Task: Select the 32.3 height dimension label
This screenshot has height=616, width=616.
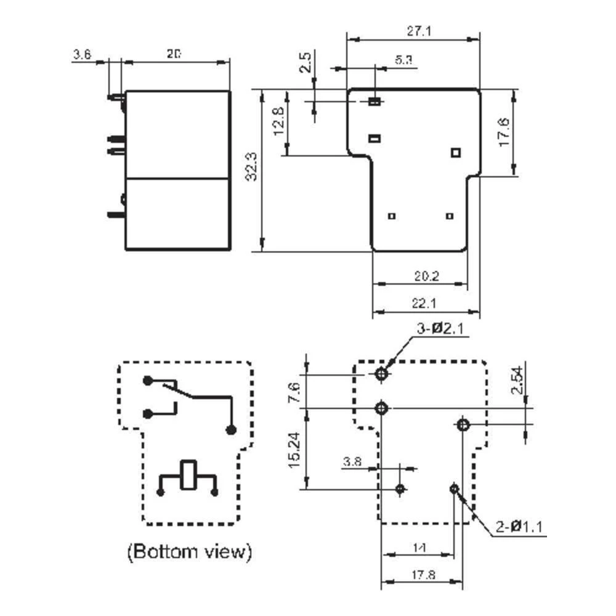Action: tap(251, 168)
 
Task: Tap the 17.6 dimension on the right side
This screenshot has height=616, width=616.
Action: tap(503, 132)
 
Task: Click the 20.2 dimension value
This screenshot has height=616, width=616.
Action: tap(426, 276)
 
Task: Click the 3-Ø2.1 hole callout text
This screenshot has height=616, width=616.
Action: tap(439, 330)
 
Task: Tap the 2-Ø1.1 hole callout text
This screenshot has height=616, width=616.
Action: tap(521, 527)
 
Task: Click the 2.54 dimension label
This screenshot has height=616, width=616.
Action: tap(517, 380)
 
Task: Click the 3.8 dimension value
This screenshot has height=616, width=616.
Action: tap(352, 461)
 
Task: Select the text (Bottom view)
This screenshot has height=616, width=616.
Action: tap(189, 551)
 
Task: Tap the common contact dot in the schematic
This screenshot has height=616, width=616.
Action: tap(231, 429)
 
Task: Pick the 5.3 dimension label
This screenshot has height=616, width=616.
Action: tap(403, 60)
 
